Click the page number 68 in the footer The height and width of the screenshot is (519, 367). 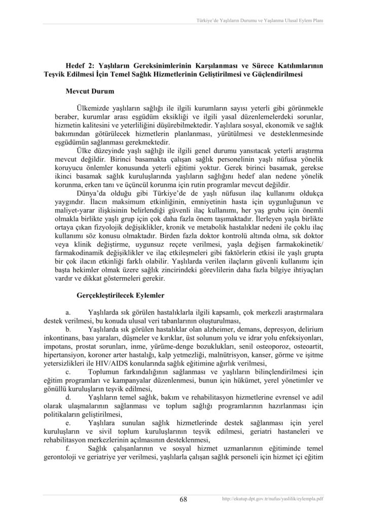[x=183, y=499]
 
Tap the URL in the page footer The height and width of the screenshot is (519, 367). [x=273, y=499]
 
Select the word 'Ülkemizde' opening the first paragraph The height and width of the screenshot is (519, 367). [x=93, y=109]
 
